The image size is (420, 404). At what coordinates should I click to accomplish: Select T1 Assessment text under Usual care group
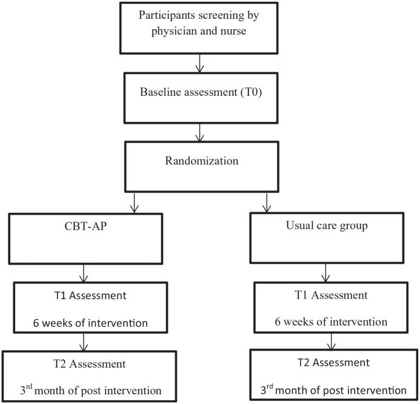327,295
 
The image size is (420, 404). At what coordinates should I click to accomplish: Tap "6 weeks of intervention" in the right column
327,321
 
